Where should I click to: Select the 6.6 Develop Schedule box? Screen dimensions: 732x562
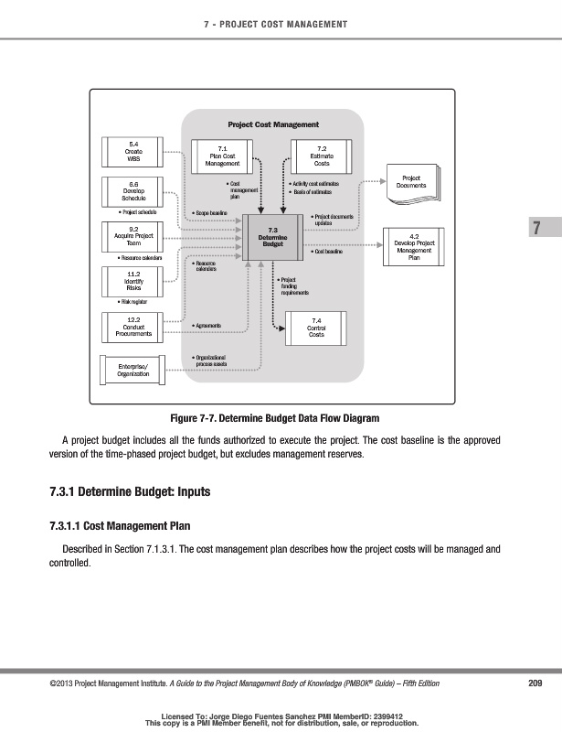[x=133, y=190]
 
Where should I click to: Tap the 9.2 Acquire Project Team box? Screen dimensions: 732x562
[x=133, y=237]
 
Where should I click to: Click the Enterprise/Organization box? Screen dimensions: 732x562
[x=133, y=370]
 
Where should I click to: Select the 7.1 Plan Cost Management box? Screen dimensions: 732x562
[x=217, y=156]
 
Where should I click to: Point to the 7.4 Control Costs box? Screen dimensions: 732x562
[x=316, y=328]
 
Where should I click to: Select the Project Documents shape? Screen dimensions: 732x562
[x=411, y=181]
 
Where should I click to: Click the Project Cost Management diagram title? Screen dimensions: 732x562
[x=273, y=124]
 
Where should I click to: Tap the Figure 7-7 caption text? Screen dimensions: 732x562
[x=281, y=418]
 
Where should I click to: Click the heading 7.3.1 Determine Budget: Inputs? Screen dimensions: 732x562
[x=130, y=492]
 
